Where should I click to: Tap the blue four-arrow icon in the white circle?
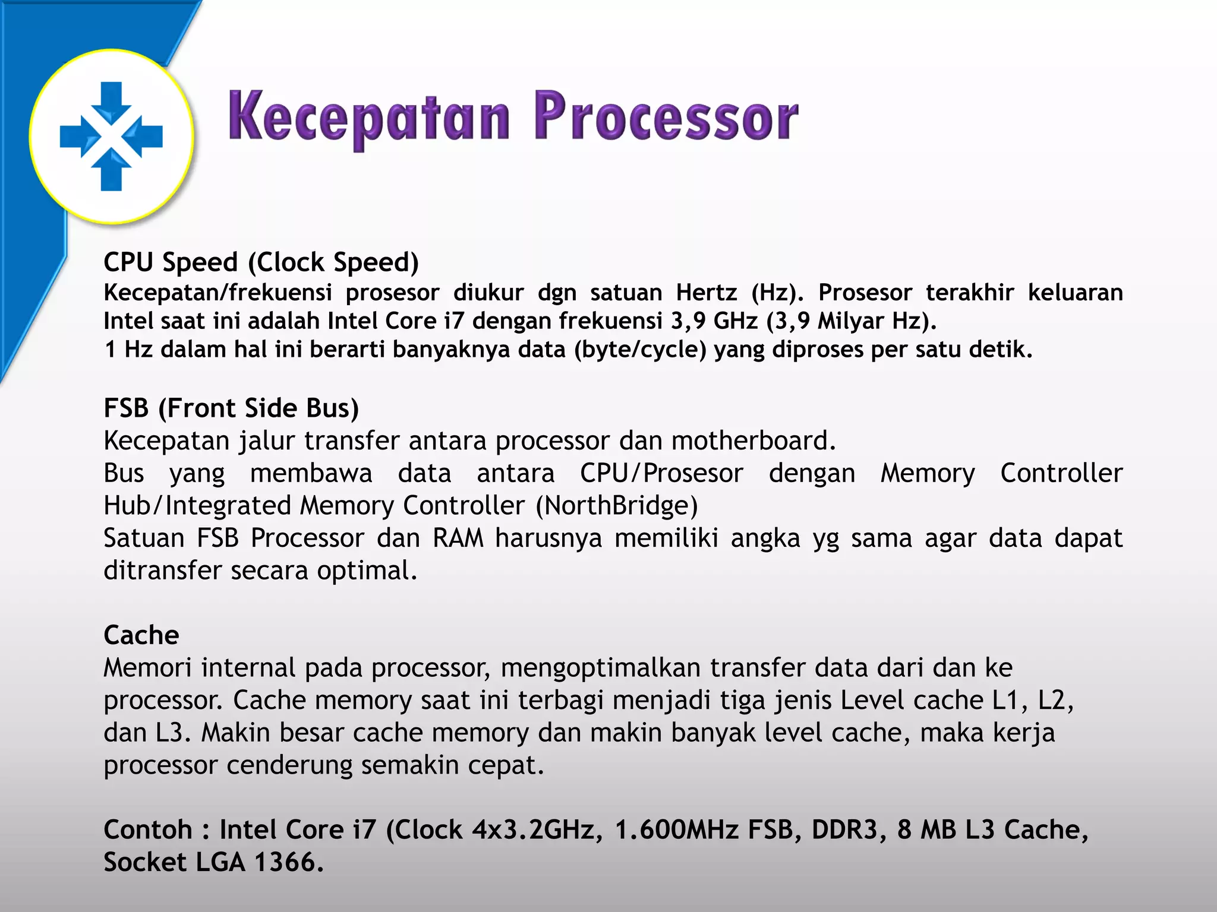coord(111,136)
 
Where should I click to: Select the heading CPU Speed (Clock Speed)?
coord(261,262)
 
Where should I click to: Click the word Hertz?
coord(707,293)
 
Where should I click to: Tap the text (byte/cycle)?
coord(640,350)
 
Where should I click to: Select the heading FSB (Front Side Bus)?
coord(231,408)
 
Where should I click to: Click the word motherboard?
coord(753,441)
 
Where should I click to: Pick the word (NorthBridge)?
coord(617,506)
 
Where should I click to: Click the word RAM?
coord(458,539)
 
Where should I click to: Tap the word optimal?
coord(367,571)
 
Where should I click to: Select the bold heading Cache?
coord(141,635)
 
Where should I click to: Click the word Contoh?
coord(148,830)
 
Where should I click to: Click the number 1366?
coord(289,862)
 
